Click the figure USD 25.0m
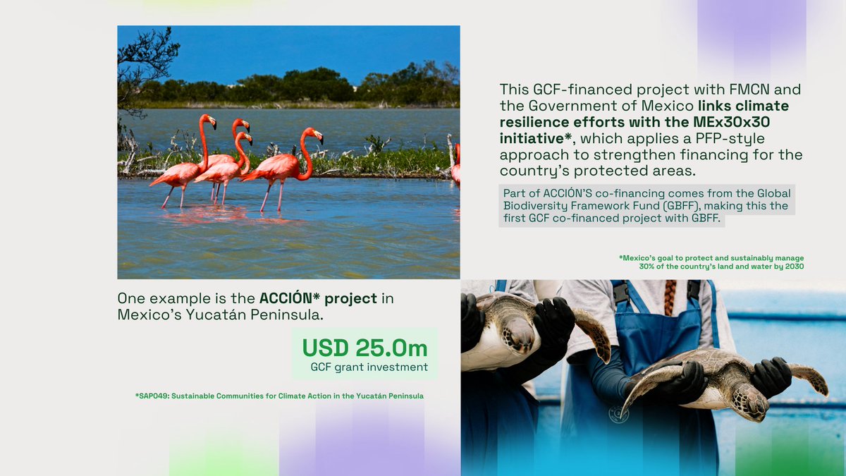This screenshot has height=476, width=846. (364, 348)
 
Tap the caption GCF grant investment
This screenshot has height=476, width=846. (369, 367)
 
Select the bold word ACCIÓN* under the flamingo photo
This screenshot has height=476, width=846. (290, 298)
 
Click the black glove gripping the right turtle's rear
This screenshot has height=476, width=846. (771, 376)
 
